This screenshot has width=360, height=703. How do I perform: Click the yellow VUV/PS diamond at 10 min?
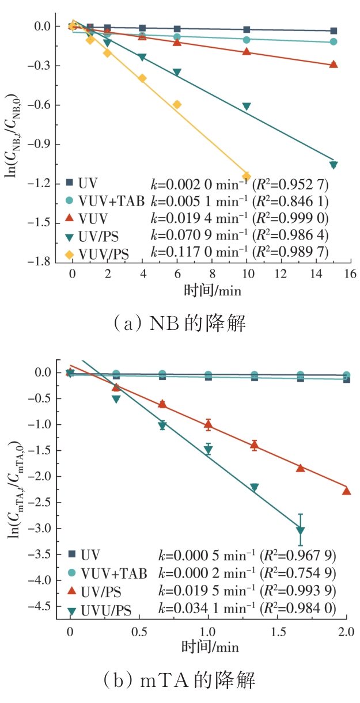coord(247,176)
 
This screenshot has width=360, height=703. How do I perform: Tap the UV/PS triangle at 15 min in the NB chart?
coord(333,165)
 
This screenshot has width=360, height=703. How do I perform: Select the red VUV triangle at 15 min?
coord(333,64)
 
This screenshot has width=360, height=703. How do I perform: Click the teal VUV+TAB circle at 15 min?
coord(333,42)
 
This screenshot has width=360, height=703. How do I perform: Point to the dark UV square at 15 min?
coord(333,31)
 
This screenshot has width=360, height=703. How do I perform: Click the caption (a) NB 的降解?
coord(180,324)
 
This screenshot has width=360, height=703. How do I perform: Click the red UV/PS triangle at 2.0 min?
coord(346,491)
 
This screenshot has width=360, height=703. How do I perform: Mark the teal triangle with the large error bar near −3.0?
coord(300,530)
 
